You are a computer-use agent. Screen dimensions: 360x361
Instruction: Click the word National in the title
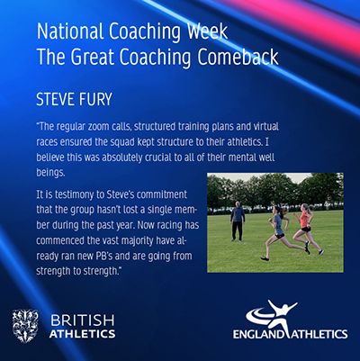pos(71,31)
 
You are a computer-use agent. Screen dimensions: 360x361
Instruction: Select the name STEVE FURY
pos(74,99)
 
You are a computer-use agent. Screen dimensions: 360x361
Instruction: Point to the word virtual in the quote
pos(265,126)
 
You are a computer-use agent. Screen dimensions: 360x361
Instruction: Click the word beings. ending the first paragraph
pos(50,173)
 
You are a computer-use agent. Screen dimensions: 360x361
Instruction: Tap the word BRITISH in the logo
pos(83,320)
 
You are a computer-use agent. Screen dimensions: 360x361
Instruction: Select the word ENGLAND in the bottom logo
pos(258,334)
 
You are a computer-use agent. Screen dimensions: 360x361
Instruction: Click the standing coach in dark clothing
pos(238,221)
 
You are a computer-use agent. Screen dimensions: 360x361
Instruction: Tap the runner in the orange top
pos(306,229)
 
